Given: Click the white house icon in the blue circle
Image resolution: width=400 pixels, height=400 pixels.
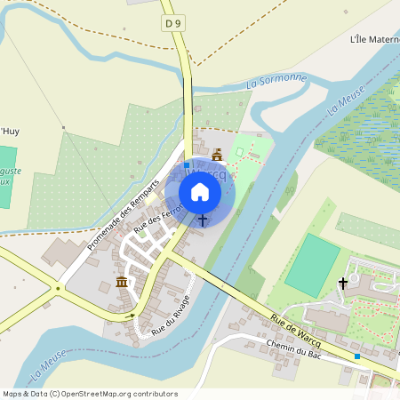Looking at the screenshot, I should [200, 192].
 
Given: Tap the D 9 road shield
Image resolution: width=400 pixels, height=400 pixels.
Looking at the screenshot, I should [173, 22].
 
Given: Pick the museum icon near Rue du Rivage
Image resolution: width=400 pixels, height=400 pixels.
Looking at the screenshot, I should [121, 283].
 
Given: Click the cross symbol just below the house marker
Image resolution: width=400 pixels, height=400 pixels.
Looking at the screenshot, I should [203, 219].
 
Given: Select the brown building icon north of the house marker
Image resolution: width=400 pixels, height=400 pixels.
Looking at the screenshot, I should [217, 156].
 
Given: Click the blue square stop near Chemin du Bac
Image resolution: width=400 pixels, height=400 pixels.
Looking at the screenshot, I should [357, 356].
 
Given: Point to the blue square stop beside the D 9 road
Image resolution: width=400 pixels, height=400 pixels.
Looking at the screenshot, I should [187, 165].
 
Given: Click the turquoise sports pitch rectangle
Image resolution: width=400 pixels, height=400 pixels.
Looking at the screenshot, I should [312, 264].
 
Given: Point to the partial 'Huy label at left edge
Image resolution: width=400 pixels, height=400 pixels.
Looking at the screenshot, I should [9, 131].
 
